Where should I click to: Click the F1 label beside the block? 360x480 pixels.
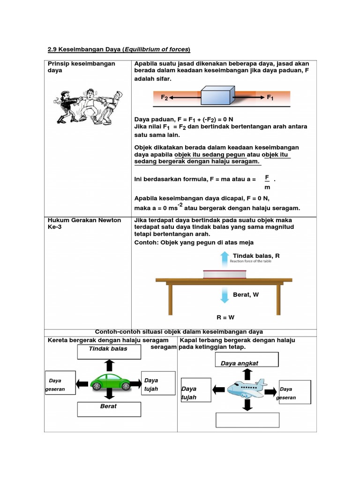coord(270,97)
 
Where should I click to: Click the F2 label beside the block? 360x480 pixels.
coord(164,97)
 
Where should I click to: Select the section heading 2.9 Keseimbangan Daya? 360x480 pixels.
coord(120,49)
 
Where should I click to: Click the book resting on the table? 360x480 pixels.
coord(224,274)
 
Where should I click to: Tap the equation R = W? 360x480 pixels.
coord(225,317)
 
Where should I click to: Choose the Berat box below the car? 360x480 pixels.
coord(109,409)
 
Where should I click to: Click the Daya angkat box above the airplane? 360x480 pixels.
coord(247,360)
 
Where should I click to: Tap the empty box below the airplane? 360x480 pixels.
coord(247,420)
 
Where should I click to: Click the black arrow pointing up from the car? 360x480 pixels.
coord(109,365)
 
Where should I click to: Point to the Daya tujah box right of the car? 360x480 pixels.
coord(158,385)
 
